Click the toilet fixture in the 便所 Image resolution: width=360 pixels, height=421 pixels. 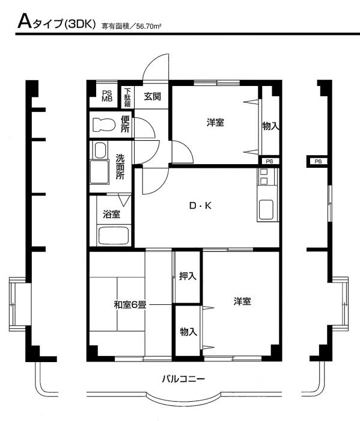pyautogui.click(x=104, y=125)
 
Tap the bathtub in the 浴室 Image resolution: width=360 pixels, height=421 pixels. pyautogui.click(x=113, y=236)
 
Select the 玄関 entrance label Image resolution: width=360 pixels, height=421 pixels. pyautogui.click(x=153, y=96)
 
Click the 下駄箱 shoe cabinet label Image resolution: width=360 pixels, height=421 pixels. pyautogui.click(x=127, y=97)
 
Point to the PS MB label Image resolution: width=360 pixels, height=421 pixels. pyautogui.click(x=107, y=96)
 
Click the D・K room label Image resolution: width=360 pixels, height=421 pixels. pyautogui.click(x=200, y=206)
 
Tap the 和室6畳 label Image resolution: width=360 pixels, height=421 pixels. pyautogui.click(x=130, y=305)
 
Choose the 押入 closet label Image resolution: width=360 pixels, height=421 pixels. pyautogui.click(x=188, y=276)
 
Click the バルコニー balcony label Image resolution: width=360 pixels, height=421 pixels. pyautogui.click(x=183, y=379)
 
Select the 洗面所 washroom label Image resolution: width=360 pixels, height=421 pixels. pyautogui.click(x=120, y=167)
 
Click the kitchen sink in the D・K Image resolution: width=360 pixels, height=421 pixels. pyautogui.click(x=266, y=209)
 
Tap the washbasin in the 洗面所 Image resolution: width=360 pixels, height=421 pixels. pyautogui.click(x=100, y=150)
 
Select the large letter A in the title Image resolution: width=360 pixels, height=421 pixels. pyautogui.click(x=25, y=22)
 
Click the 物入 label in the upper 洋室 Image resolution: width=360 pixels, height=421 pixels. pyautogui.click(x=270, y=126)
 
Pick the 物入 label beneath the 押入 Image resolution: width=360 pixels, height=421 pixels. pyautogui.click(x=188, y=332)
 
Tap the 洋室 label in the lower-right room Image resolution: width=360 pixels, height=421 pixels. pyautogui.click(x=242, y=301)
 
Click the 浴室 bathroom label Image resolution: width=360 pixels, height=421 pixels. pyautogui.click(x=111, y=214)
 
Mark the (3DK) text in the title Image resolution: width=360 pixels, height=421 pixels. pyautogui.click(x=80, y=25)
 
